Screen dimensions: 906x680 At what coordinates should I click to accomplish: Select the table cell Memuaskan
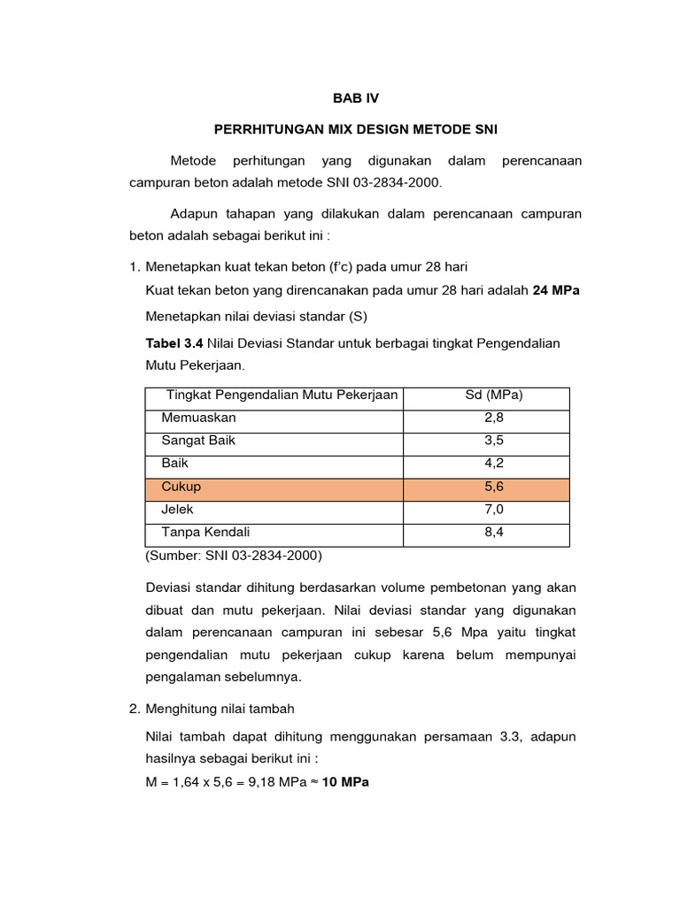198,418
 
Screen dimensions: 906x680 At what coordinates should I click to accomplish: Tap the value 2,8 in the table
493,418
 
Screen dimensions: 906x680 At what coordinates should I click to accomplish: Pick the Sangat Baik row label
198,441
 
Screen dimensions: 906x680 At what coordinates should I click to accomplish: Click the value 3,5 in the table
493,441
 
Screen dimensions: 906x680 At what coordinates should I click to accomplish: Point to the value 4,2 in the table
493,464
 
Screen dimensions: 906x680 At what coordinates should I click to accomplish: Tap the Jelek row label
177,510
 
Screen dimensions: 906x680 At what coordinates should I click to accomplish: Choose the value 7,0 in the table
493,510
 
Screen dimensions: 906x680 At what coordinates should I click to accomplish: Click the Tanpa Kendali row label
205,533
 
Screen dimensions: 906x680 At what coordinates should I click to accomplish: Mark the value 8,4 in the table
493,533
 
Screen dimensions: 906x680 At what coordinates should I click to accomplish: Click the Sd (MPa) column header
493,395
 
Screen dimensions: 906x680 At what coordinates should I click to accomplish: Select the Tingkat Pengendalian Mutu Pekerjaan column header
282,395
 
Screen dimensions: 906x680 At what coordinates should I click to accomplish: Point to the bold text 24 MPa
556,291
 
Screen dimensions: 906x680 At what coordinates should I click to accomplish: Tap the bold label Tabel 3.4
173,342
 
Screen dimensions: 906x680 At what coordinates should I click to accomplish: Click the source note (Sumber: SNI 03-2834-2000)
233,557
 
